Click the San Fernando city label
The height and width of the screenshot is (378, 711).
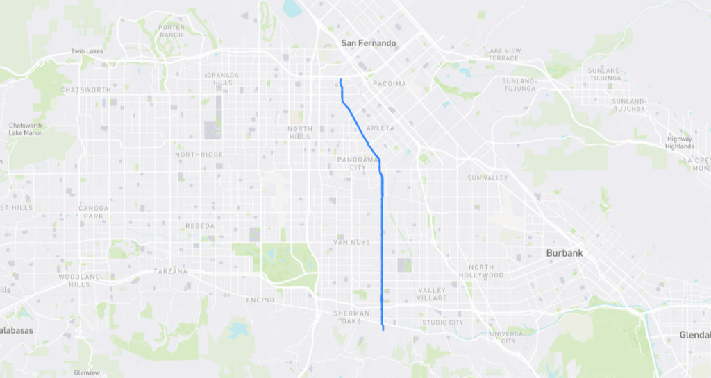[368, 43]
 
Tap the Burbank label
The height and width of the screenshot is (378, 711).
[564, 253]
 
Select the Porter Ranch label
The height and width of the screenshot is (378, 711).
[171, 31]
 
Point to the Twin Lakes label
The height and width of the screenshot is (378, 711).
[87, 51]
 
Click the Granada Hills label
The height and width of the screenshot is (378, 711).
[222, 78]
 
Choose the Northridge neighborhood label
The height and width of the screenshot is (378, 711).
[199, 155]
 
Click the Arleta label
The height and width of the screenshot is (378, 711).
[380, 128]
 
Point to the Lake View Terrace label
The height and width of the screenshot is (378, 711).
[503, 54]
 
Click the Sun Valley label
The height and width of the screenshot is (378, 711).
[487, 178]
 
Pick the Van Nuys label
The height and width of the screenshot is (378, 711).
[352, 242]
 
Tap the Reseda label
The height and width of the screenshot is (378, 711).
[200, 226]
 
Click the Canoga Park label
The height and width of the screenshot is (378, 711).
[93, 211]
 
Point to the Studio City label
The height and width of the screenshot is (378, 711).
[442, 323]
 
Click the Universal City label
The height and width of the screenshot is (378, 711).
[508, 337]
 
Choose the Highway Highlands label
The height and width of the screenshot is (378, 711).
[679, 142]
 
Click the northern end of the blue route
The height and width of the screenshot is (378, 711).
[340, 80]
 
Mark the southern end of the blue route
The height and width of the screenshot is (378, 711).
[383, 331]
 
